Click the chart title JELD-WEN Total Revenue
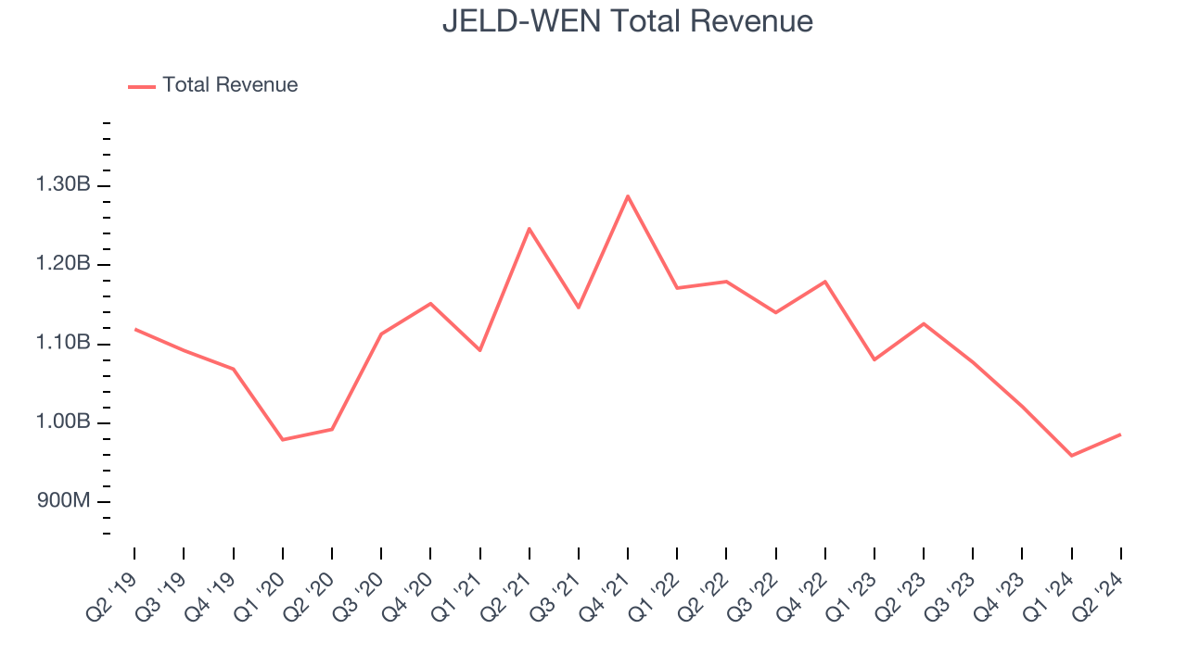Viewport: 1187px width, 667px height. pos(627,21)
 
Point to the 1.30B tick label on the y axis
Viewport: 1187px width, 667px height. pos(63,185)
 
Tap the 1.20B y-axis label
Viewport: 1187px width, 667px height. pos(63,264)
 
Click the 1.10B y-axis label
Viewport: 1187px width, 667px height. pos(63,344)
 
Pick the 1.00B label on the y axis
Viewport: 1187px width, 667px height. pos(63,422)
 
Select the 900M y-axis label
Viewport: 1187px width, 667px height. pos(63,501)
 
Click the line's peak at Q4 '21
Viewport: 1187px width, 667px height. pos(628,195)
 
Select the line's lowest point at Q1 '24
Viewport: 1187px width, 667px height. pos(1071,456)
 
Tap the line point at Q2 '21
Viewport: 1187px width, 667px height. pos(529,228)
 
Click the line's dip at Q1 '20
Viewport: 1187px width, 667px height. pos(282,439)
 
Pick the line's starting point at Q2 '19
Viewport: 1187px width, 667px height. pos(134,329)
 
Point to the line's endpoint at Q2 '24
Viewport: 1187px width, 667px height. pos(1120,434)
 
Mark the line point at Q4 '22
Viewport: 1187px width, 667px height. pos(824,281)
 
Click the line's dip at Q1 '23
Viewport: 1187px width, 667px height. pos(874,359)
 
